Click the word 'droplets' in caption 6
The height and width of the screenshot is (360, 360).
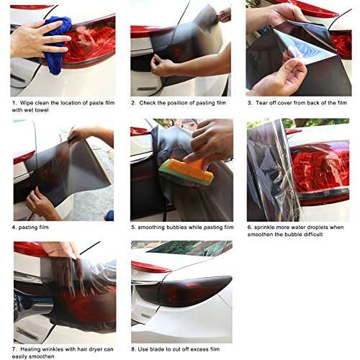coord(314,228)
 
